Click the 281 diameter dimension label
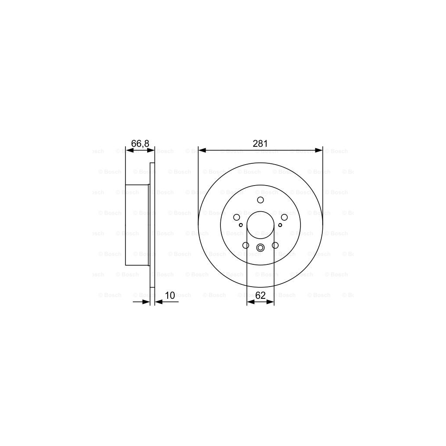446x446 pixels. (260, 143)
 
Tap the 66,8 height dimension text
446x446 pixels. (140, 143)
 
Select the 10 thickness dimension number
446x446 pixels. (170, 295)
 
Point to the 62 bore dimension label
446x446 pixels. (260, 295)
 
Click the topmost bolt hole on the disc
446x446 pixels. (260, 200)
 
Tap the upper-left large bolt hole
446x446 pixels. (237, 217)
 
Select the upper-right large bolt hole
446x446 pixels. (284, 217)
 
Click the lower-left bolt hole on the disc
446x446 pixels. (246, 245)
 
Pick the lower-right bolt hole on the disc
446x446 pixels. (275, 245)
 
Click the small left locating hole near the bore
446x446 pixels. (241, 225)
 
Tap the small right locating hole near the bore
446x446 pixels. (280, 225)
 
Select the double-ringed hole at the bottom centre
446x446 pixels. (260, 248)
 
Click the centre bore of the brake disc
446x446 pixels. (260, 226)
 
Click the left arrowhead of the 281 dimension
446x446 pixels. (201, 150)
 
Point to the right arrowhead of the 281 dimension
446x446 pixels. (320, 150)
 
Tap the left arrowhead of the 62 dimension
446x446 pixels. (250, 301)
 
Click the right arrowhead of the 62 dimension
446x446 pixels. (271, 301)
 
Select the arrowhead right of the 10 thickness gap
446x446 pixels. (158, 301)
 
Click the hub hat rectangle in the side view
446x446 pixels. (137, 224)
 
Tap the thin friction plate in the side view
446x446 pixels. (152, 224)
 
